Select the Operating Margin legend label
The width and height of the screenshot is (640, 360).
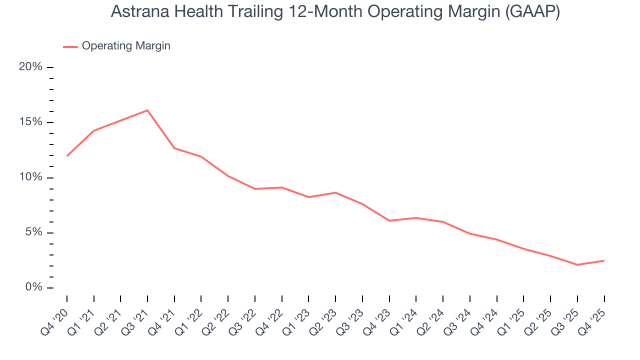tap(126, 46)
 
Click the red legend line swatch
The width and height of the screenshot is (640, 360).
tap(70, 46)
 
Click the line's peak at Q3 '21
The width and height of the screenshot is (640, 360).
tap(147, 110)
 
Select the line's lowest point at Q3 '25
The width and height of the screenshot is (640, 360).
tap(577, 264)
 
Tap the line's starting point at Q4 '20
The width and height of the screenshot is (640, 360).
tap(67, 156)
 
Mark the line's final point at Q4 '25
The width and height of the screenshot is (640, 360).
tap(604, 260)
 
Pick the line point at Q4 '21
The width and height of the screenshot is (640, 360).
tap(174, 148)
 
